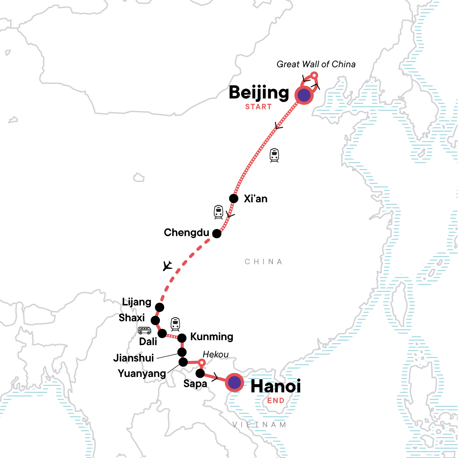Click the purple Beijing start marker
click(304, 95)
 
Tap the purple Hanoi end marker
click(234, 382)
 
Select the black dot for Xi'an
click(234, 198)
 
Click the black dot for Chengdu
click(217, 233)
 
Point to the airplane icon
click(167, 265)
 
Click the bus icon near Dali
click(145, 331)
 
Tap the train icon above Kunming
click(175, 324)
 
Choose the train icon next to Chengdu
click(218, 212)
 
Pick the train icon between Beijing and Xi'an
click(274, 155)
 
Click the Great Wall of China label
click(316, 64)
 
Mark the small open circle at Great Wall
click(314, 75)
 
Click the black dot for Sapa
click(200, 373)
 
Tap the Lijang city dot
click(160, 307)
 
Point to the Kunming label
click(211, 337)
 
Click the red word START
click(258, 107)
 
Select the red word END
click(276, 401)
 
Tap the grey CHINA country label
click(263, 262)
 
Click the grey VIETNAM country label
click(259, 425)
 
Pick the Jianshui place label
click(134, 358)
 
